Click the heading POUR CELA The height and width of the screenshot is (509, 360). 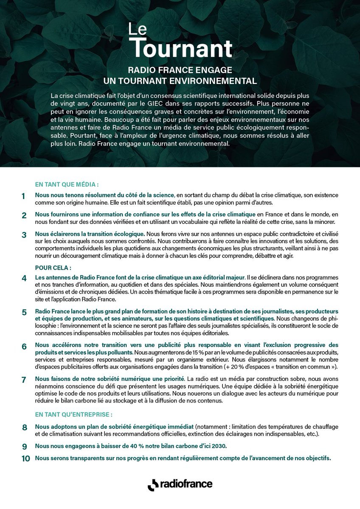pos(53,268)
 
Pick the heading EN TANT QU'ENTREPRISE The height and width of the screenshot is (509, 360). pos(74,414)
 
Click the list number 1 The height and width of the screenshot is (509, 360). pos(24,196)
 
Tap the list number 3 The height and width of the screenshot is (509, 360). pos(24,235)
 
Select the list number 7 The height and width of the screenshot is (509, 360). pos(24,380)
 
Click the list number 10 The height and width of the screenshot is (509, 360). pos(26,459)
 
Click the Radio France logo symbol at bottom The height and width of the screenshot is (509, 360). pos(153,484)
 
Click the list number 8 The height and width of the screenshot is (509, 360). pos(24,427)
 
